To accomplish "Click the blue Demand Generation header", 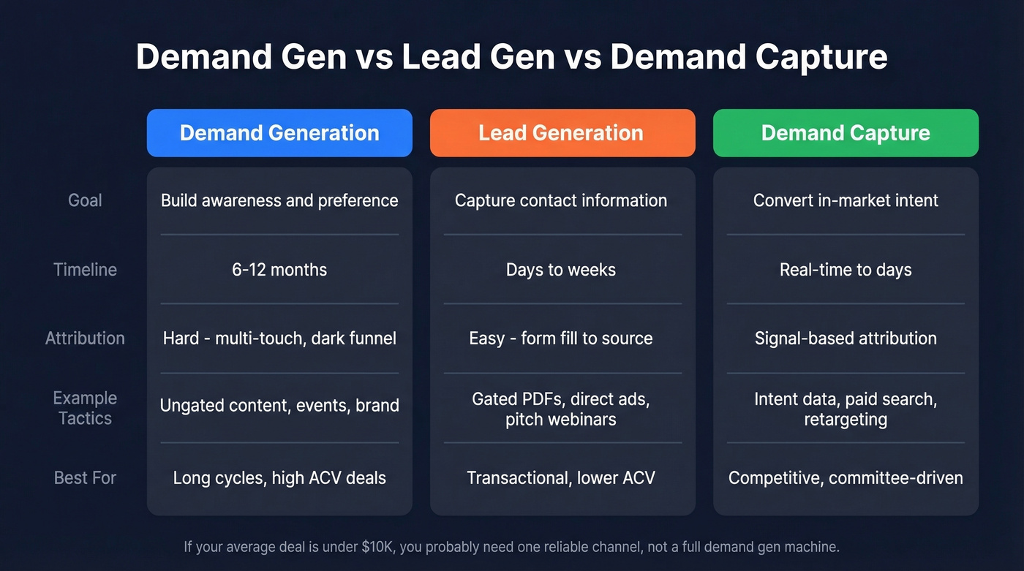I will [279, 133].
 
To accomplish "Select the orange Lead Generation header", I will [562, 133].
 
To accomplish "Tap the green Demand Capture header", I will [846, 133].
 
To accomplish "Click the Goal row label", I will [85, 200].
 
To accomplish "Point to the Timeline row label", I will [85, 270].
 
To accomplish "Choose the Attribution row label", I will [85, 339].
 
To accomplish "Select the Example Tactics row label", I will [85, 408].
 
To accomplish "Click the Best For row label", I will [85, 478].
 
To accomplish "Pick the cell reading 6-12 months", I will [279, 270].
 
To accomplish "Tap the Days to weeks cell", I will [561, 270].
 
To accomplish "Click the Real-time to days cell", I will [846, 270].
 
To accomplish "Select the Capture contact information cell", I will [561, 200].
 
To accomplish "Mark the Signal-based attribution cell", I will [846, 339].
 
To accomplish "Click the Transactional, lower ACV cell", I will [561, 478].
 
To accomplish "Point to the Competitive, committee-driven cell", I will [846, 478].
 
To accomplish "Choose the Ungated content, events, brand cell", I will [279, 405].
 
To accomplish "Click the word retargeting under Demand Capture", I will [846, 420].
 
